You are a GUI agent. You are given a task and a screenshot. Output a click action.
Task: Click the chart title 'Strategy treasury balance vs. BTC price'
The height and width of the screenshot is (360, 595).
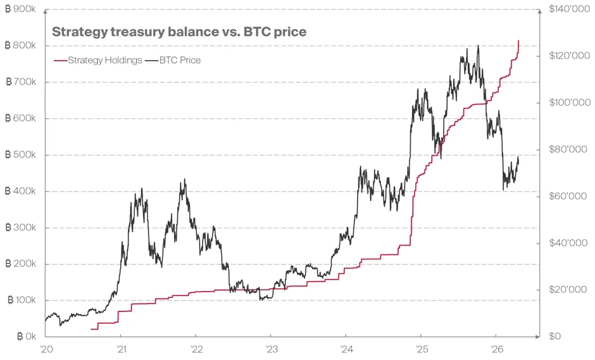coord(178,32)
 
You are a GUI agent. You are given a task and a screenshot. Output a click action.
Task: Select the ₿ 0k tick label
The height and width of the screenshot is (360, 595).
coord(24,337)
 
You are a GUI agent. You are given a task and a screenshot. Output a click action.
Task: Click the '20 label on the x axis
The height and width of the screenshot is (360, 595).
coord(45,349)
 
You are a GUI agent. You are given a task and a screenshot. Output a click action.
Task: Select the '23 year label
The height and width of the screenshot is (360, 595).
coord(270,349)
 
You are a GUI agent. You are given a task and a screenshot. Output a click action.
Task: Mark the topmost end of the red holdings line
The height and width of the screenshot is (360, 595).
coord(519,40)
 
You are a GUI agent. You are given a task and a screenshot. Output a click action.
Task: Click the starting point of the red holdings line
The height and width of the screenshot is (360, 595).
coord(91,329)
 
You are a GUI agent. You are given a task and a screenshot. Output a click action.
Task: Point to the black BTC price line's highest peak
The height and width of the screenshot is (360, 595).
coord(478,46)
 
